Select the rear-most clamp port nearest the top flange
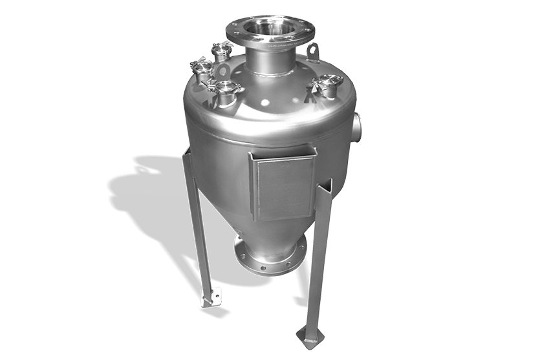pyautogui.click(x=222, y=50)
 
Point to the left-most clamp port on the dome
pyautogui.click(x=200, y=69)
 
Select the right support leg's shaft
pyautogui.click(x=320, y=259)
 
